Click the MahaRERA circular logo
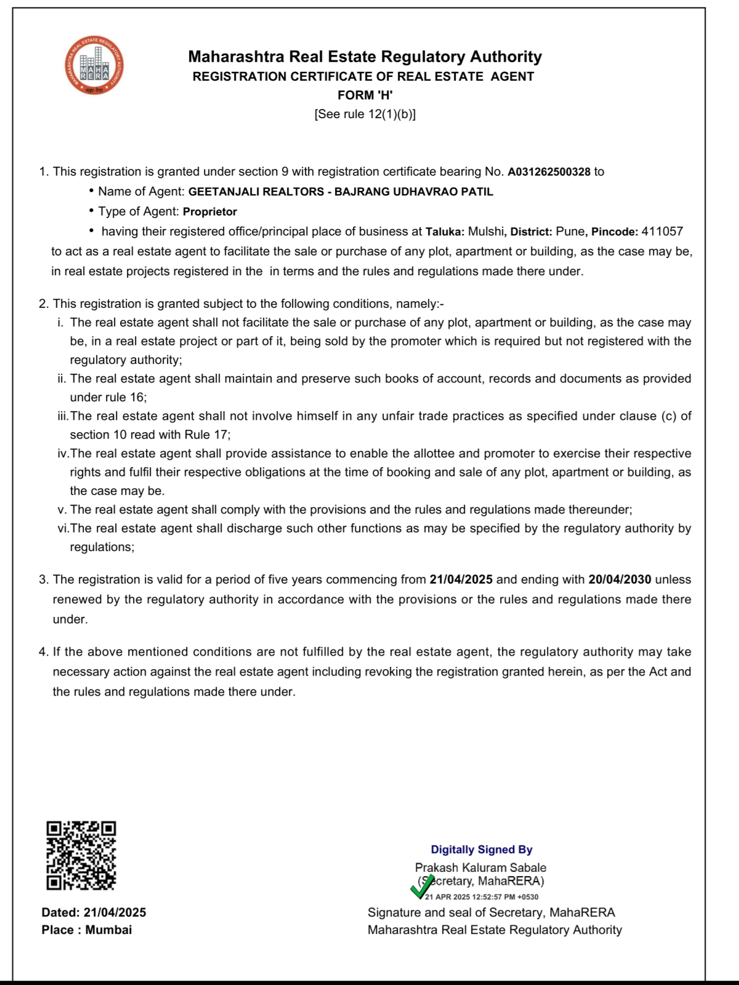pos(94,65)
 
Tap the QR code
pos(81,855)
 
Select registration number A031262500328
pos(549,172)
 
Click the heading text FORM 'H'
pos(365,95)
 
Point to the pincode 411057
pos(662,231)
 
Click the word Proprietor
pos(210,212)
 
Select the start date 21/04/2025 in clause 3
pos(461,579)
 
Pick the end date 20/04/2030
pos(620,579)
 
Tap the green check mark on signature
pos(422,886)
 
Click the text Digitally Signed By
pos(481,850)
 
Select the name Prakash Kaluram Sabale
pos(480,867)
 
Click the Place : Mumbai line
pos(87,930)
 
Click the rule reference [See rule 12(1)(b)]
pos(365,114)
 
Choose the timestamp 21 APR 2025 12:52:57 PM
pos(481,897)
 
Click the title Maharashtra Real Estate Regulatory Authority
pos(365,57)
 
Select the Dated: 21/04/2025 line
pos(94,912)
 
